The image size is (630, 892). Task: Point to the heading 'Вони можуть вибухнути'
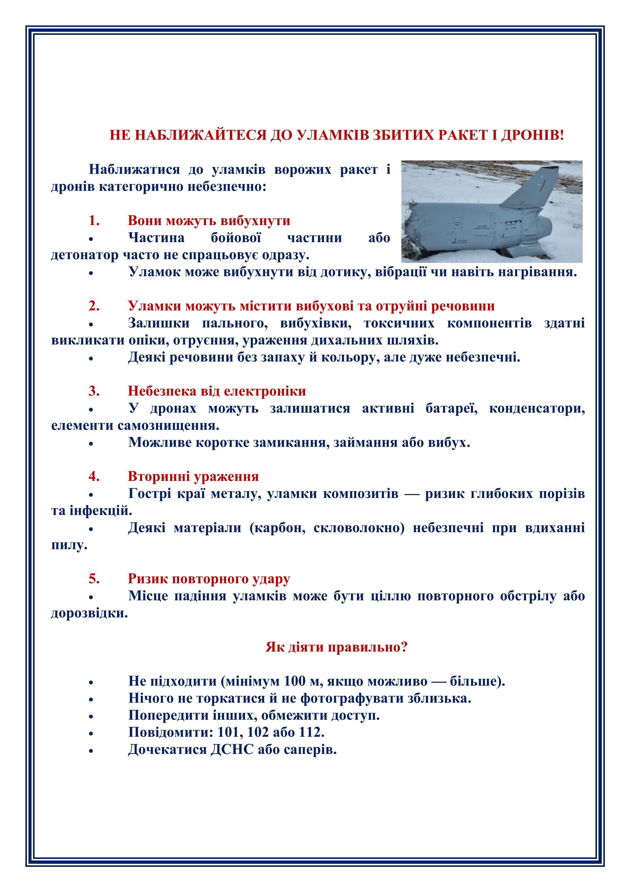tap(209, 221)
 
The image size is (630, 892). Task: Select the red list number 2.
tap(94, 306)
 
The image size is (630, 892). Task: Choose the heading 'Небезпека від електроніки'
tap(217, 391)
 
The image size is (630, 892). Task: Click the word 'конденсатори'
tap(537, 408)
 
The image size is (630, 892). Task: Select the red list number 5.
tap(94, 579)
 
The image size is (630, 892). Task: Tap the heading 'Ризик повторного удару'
tap(209, 579)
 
